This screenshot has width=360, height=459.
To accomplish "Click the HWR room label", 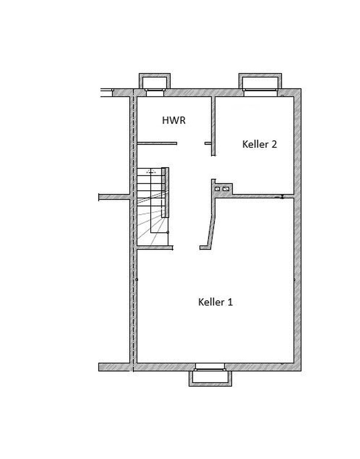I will (x=174, y=120).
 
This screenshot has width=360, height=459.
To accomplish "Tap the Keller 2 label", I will (x=259, y=144).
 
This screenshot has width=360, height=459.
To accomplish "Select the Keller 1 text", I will (x=215, y=302).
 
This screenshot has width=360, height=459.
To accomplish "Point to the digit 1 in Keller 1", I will (x=230, y=302).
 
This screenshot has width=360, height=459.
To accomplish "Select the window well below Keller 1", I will (x=210, y=378).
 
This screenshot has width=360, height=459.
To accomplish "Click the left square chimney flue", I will (x=217, y=189).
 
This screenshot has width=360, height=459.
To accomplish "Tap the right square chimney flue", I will (x=226, y=189).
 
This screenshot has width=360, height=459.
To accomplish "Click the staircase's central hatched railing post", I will (x=165, y=192).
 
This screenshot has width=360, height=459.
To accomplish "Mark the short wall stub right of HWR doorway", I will (x=208, y=143).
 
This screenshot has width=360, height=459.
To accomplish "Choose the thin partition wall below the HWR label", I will (x=157, y=143).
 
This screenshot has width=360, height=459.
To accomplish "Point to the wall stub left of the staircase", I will (x=114, y=196).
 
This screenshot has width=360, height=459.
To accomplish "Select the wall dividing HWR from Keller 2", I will (x=213, y=125).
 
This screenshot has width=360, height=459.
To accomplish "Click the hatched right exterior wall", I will (x=298, y=229).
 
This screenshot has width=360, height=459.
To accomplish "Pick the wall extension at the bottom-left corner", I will (x=114, y=367).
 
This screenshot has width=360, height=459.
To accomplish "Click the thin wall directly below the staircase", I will (x=155, y=247).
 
